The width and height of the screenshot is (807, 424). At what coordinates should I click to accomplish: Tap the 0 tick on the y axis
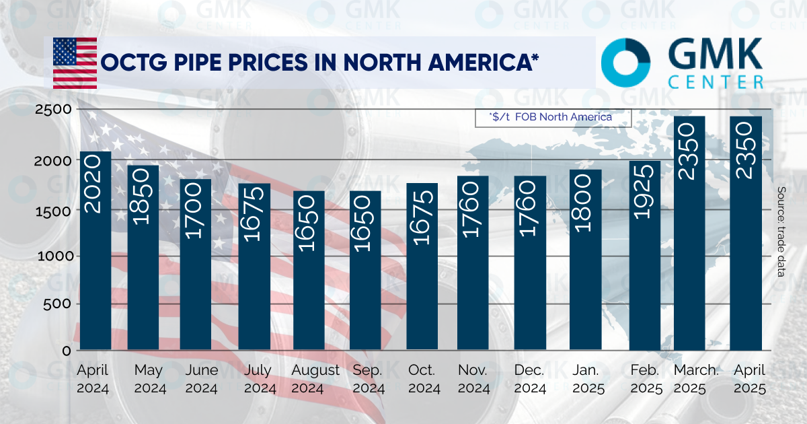point(66,351)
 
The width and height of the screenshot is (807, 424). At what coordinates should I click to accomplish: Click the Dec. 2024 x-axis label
point(530,379)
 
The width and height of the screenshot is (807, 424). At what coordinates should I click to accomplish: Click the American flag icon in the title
point(75,63)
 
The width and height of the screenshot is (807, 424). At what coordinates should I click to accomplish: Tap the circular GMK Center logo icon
point(625,63)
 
